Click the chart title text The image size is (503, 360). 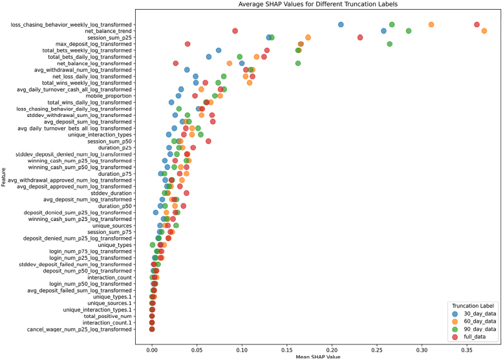318,4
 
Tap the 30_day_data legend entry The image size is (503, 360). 474,313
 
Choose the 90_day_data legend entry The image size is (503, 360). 474,329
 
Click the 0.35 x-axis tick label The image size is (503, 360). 467,350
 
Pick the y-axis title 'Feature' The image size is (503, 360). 3,177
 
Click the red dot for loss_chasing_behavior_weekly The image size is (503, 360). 476,25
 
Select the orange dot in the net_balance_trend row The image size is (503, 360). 484,31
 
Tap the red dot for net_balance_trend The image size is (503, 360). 235,31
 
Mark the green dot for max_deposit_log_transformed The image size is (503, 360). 389,44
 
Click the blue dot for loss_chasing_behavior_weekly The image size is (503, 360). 341,25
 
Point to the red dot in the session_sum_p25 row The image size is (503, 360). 360,37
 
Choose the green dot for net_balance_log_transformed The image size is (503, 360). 297,63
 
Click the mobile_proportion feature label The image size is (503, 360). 109,96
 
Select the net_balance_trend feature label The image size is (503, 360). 108,31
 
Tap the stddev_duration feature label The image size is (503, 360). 111,193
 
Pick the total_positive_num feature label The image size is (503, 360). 107,316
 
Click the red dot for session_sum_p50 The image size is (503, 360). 208,141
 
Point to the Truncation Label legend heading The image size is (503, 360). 473,306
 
